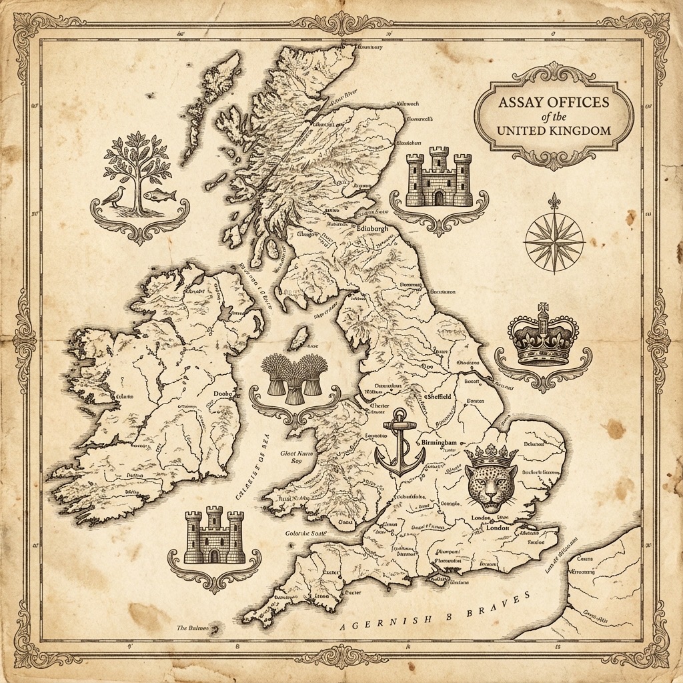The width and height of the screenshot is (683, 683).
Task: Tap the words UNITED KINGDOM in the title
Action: (x=554, y=129)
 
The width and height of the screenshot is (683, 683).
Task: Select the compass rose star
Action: (x=554, y=242)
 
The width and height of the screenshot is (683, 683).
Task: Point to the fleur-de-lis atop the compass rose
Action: (x=554, y=201)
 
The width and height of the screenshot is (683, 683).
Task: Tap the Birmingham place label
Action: (x=438, y=443)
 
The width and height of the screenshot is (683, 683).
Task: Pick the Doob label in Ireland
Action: (x=221, y=394)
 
